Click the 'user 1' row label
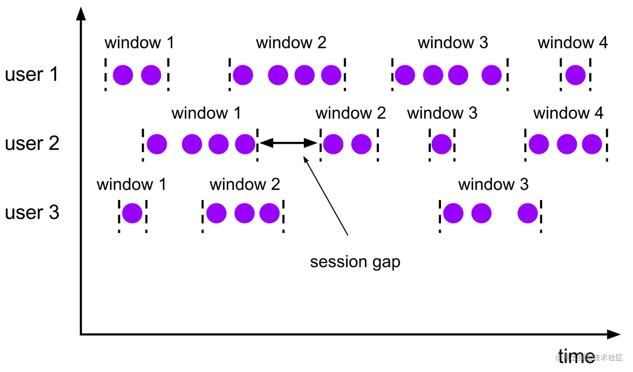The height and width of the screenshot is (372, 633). point(31,74)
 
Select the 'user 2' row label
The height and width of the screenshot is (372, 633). point(32,144)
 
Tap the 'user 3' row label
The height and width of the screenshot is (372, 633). point(32,213)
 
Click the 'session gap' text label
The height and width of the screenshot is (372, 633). point(355,262)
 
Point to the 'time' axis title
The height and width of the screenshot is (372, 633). point(576,356)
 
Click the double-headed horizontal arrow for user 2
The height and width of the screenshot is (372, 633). point(288,143)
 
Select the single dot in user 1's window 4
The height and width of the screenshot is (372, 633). point(575,75)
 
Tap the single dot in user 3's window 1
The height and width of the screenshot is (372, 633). point(132,213)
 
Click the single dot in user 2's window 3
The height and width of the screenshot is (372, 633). point(441,144)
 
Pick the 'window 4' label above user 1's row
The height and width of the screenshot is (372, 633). point(572,43)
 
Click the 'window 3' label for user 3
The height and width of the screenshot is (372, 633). point(493,185)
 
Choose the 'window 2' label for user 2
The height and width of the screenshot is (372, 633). point(350,113)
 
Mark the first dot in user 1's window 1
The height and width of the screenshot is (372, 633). point(123,75)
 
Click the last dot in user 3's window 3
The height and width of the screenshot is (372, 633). point(527,213)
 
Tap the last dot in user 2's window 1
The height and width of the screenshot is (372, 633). point(245,144)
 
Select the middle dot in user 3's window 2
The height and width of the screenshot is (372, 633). point(244,213)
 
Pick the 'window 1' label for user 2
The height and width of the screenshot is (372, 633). point(206,113)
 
